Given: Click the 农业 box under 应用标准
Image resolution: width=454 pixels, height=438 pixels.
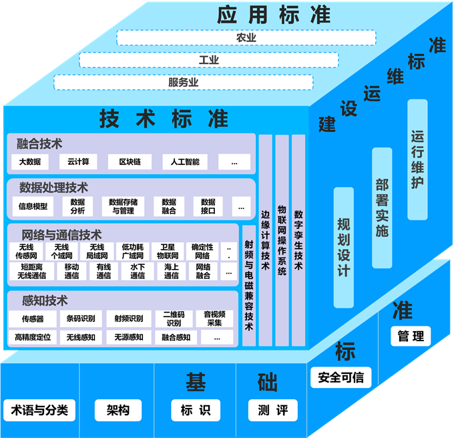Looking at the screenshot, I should tap(246, 38).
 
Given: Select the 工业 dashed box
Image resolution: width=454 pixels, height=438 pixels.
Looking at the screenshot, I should tap(208, 60).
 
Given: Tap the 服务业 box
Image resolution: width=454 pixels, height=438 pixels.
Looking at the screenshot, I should tap(183, 83).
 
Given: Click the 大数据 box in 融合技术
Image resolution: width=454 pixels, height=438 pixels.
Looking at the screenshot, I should tap(30, 162).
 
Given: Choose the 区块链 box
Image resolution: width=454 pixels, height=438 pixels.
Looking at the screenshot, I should tap(130, 162).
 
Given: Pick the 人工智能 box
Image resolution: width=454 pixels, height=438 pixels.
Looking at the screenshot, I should tap(184, 162).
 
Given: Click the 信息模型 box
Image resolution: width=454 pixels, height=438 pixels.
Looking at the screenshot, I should tap(33, 206).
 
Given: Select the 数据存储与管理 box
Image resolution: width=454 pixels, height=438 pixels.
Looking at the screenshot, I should tap(124, 206).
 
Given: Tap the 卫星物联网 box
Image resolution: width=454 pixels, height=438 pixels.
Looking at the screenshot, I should tap(168, 251).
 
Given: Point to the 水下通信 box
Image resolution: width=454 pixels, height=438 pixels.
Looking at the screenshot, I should tap(138, 271).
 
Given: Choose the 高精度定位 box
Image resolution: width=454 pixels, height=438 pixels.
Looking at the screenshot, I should tap(33, 337).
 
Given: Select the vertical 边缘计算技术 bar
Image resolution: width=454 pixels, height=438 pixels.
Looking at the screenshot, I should tap(265, 240).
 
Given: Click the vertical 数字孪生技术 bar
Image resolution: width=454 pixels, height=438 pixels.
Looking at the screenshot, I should tap(298, 240).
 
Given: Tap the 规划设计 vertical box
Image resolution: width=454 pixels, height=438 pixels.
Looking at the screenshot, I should tap(343, 247).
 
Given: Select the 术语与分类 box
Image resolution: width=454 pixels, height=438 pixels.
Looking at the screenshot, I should tap(39, 409).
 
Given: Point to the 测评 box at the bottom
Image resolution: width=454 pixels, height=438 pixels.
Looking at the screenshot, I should tap(272, 409).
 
